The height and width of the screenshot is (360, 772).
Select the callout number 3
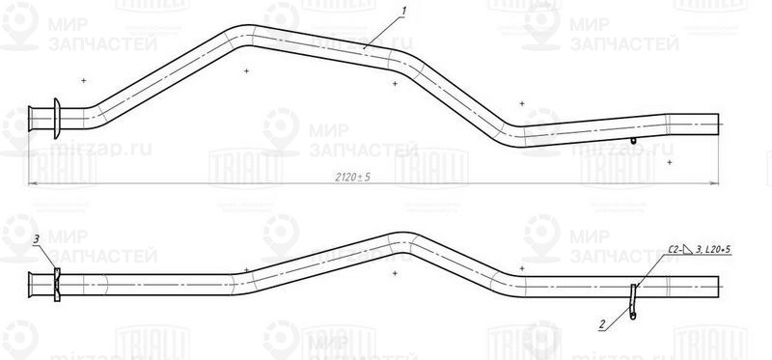pyautogui.click(x=36, y=238)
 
